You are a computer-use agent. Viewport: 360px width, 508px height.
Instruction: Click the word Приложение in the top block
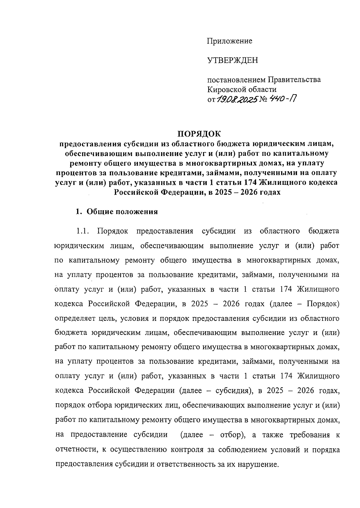coord(229,41)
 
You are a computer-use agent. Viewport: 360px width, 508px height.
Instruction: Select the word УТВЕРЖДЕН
coord(232,61)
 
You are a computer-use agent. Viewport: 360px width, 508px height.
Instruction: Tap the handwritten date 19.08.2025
coord(237,99)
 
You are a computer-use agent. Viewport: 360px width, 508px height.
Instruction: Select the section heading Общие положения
coord(122,212)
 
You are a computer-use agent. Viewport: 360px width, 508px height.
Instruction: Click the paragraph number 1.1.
coord(82,231)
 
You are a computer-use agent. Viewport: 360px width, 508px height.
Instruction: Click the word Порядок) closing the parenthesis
coord(323,304)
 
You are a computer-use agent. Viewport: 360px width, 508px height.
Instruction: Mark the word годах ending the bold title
coord(271,192)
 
